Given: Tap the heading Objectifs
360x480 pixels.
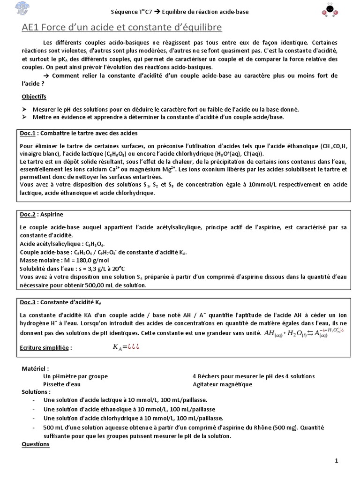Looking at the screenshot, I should point(34,97).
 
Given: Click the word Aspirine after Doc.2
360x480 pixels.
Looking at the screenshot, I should point(52,214).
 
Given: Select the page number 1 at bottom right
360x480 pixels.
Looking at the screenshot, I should point(337,461).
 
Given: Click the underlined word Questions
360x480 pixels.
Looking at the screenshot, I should point(36,444).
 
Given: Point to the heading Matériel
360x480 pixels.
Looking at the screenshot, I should point(35,368).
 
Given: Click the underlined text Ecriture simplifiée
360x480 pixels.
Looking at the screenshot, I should point(47,347).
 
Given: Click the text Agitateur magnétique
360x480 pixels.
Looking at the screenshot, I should point(222,384).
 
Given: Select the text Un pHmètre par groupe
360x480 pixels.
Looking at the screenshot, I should point(75,376).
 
